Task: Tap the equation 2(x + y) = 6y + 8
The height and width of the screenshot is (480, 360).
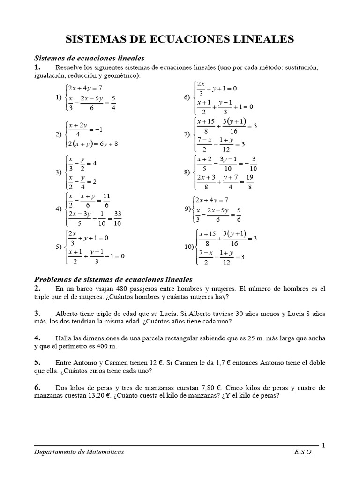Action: click(93, 144)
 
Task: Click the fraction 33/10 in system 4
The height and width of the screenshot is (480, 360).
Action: click(117, 219)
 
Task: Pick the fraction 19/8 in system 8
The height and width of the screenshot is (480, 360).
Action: click(249, 182)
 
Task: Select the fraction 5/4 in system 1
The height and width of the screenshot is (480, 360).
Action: click(113, 103)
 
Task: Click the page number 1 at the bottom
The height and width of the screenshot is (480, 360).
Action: click(323, 445)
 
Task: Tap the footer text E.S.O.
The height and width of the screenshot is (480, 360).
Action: click(303, 453)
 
